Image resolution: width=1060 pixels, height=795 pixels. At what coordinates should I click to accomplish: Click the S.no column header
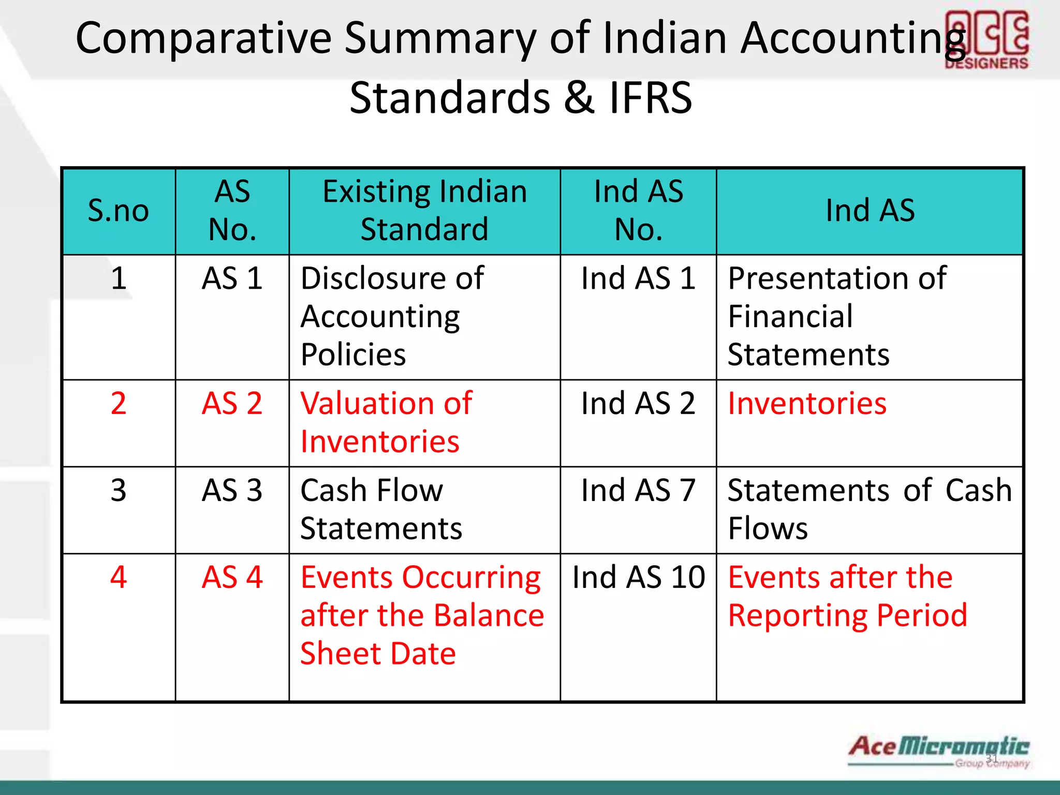[x=119, y=211]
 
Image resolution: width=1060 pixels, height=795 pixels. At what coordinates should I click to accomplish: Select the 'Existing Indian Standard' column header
[x=424, y=211]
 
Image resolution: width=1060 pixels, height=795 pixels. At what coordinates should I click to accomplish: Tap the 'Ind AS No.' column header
[x=638, y=211]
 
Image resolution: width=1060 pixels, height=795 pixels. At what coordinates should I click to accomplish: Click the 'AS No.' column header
[x=232, y=211]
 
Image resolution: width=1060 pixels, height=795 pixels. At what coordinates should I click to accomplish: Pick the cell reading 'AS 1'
[x=232, y=278]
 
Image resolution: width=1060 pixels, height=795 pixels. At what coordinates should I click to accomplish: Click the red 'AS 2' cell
[x=232, y=404]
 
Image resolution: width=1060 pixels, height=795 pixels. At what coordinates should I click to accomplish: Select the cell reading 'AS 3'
[x=232, y=491]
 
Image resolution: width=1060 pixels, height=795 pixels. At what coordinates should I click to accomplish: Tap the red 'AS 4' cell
[x=232, y=578]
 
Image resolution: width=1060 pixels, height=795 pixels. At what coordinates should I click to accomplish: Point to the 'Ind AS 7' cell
[x=638, y=491]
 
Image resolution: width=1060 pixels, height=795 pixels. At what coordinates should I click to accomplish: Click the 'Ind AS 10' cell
[x=638, y=578]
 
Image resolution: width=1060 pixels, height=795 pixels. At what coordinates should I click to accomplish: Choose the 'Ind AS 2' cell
[x=638, y=404]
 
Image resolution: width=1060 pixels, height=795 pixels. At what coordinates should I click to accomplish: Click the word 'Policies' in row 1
[x=353, y=355]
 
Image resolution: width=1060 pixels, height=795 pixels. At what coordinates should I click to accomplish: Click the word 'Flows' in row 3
[x=768, y=529]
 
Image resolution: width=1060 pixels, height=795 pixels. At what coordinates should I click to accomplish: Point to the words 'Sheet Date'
[x=378, y=654]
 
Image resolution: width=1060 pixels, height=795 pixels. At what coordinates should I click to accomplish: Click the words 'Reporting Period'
[x=847, y=616]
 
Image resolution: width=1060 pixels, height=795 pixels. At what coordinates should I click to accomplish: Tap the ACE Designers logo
[x=987, y=40]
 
